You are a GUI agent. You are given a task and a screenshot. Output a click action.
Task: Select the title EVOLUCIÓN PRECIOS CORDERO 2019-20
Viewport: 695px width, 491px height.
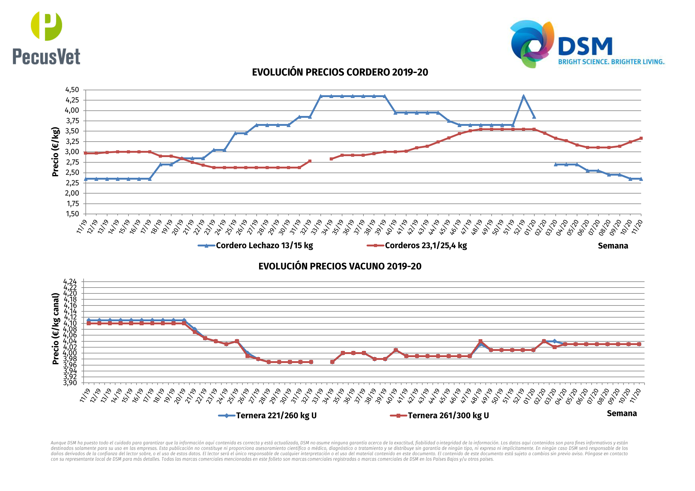click(340, 72)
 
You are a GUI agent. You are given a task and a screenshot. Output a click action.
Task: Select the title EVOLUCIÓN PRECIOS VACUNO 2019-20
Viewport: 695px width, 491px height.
click(340, 266)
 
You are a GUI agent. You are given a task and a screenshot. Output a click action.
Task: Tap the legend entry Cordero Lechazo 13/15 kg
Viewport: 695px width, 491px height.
click(264, 246)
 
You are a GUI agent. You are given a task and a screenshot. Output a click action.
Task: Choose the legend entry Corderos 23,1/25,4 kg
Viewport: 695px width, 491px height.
click(426, 246)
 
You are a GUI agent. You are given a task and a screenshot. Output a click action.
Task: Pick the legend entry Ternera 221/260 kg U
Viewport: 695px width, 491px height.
click(276, 416)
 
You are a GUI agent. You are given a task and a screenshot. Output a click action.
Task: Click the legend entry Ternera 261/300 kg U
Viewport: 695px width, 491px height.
click(448, 416)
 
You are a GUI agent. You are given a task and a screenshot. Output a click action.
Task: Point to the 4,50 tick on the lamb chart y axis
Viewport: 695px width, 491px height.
click(72, 90)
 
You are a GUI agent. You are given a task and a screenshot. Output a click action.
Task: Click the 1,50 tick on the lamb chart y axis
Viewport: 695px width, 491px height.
click(72, 214)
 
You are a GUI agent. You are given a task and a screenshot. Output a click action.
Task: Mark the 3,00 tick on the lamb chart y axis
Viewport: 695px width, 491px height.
click(72, 152)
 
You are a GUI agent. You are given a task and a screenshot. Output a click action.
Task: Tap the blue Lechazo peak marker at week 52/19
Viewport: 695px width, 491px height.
click(523, 96)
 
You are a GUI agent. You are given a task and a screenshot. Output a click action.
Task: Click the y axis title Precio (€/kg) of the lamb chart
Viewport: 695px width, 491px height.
click(55, 152)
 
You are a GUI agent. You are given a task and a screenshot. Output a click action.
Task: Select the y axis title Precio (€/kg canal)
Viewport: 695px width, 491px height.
click(55, 329)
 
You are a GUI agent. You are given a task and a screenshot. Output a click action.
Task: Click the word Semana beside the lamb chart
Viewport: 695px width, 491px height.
click(613, 246)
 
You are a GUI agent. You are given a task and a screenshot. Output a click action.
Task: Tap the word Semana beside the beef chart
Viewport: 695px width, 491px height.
click(622, 413)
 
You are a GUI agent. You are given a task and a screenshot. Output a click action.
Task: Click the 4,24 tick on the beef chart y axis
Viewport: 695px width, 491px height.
click(70, 281)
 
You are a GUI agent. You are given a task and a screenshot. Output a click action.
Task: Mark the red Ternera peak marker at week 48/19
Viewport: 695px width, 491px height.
click(480, 341)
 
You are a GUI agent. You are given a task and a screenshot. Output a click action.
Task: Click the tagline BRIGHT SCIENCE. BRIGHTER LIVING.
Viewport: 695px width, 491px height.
click(611, 62)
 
